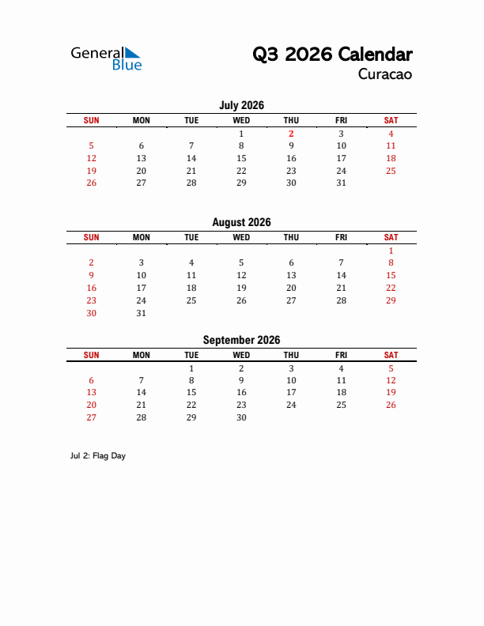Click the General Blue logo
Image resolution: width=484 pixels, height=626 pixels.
click(x=106, y=58)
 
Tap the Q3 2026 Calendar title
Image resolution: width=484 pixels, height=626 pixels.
click(x=332, y=55)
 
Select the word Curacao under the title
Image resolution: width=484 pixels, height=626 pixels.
click(x=385, y=75)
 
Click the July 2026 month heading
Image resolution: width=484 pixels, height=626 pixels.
click(x=241, y=105)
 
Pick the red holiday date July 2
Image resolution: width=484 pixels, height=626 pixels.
click(x=291, y=134)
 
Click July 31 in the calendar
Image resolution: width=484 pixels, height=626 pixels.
click(x=341, y=183)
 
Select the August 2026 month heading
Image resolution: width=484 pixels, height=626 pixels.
click(x=241, y=223)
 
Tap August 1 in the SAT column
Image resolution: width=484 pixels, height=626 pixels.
click(x=391, y=251)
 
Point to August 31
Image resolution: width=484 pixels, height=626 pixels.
click(x=142, y=313)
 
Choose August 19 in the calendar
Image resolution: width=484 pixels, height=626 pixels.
click(x=241, y=288)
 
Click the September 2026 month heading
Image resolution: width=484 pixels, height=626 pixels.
click(x=241, y=341)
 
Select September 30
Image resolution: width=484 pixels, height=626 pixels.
click(x=241, y=417)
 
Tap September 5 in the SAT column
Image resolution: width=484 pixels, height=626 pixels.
click(x=391, y=368)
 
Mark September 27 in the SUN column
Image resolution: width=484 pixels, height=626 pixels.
click(x=92, y=417)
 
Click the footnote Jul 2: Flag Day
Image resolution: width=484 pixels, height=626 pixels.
click(x=98, y=456)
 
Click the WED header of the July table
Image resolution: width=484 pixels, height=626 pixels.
click(x=241, y=120)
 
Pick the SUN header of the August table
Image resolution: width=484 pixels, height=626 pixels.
click(x=92, y=237)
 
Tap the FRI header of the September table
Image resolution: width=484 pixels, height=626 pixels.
click(x=341, y=356)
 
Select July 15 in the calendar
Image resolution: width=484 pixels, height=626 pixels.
click(x=241, y=158)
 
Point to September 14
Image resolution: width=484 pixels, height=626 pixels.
click(x=142, y=393)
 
